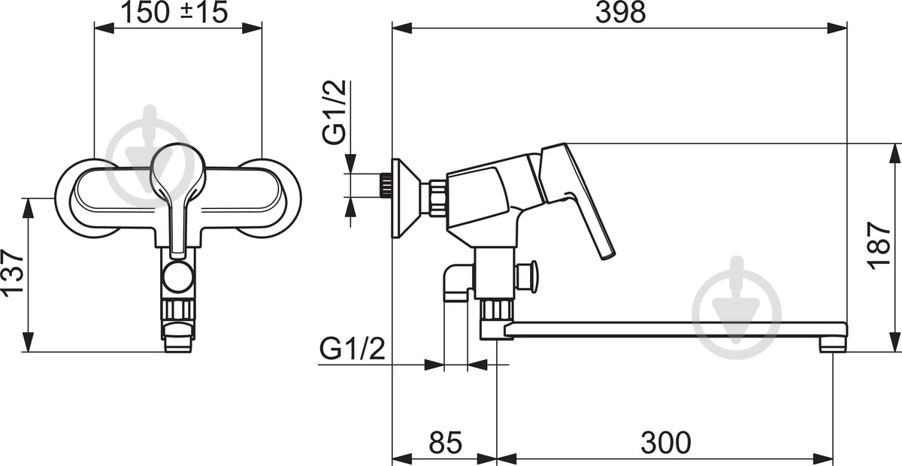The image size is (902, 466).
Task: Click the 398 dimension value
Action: click(621, 13)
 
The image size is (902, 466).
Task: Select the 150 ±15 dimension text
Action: click(174, 12)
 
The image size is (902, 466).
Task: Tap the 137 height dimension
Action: click(13, 274)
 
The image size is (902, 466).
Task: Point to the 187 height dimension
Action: click(879, 246)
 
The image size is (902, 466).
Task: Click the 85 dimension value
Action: click(445, 443)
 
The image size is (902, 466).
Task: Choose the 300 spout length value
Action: click(666, 443)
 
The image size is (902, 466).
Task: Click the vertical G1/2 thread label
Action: click(334, 112)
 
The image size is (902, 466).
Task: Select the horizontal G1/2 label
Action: click(353, 349)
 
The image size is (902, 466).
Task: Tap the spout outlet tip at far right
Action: click(832, 346)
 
